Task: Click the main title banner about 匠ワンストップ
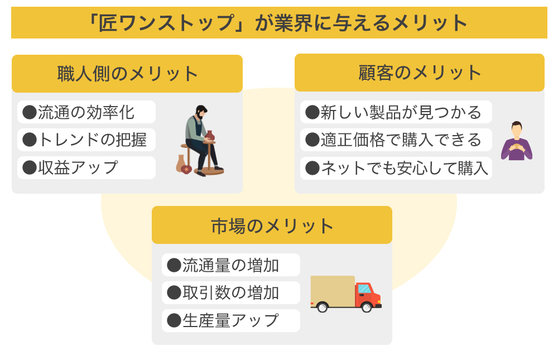pos(279,22)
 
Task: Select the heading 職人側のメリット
pos(127,74)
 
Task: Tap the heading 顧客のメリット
pos(420,73)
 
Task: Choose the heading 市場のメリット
pos(272,225)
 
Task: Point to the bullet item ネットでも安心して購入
pos(396,168)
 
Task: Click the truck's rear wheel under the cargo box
pos(323,307)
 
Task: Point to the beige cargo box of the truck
pos(333,291)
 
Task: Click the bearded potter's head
pos(201,112)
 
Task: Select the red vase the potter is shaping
pos(210,136)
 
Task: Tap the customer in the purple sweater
pos(517,141)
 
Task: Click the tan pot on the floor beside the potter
pos(181,164)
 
